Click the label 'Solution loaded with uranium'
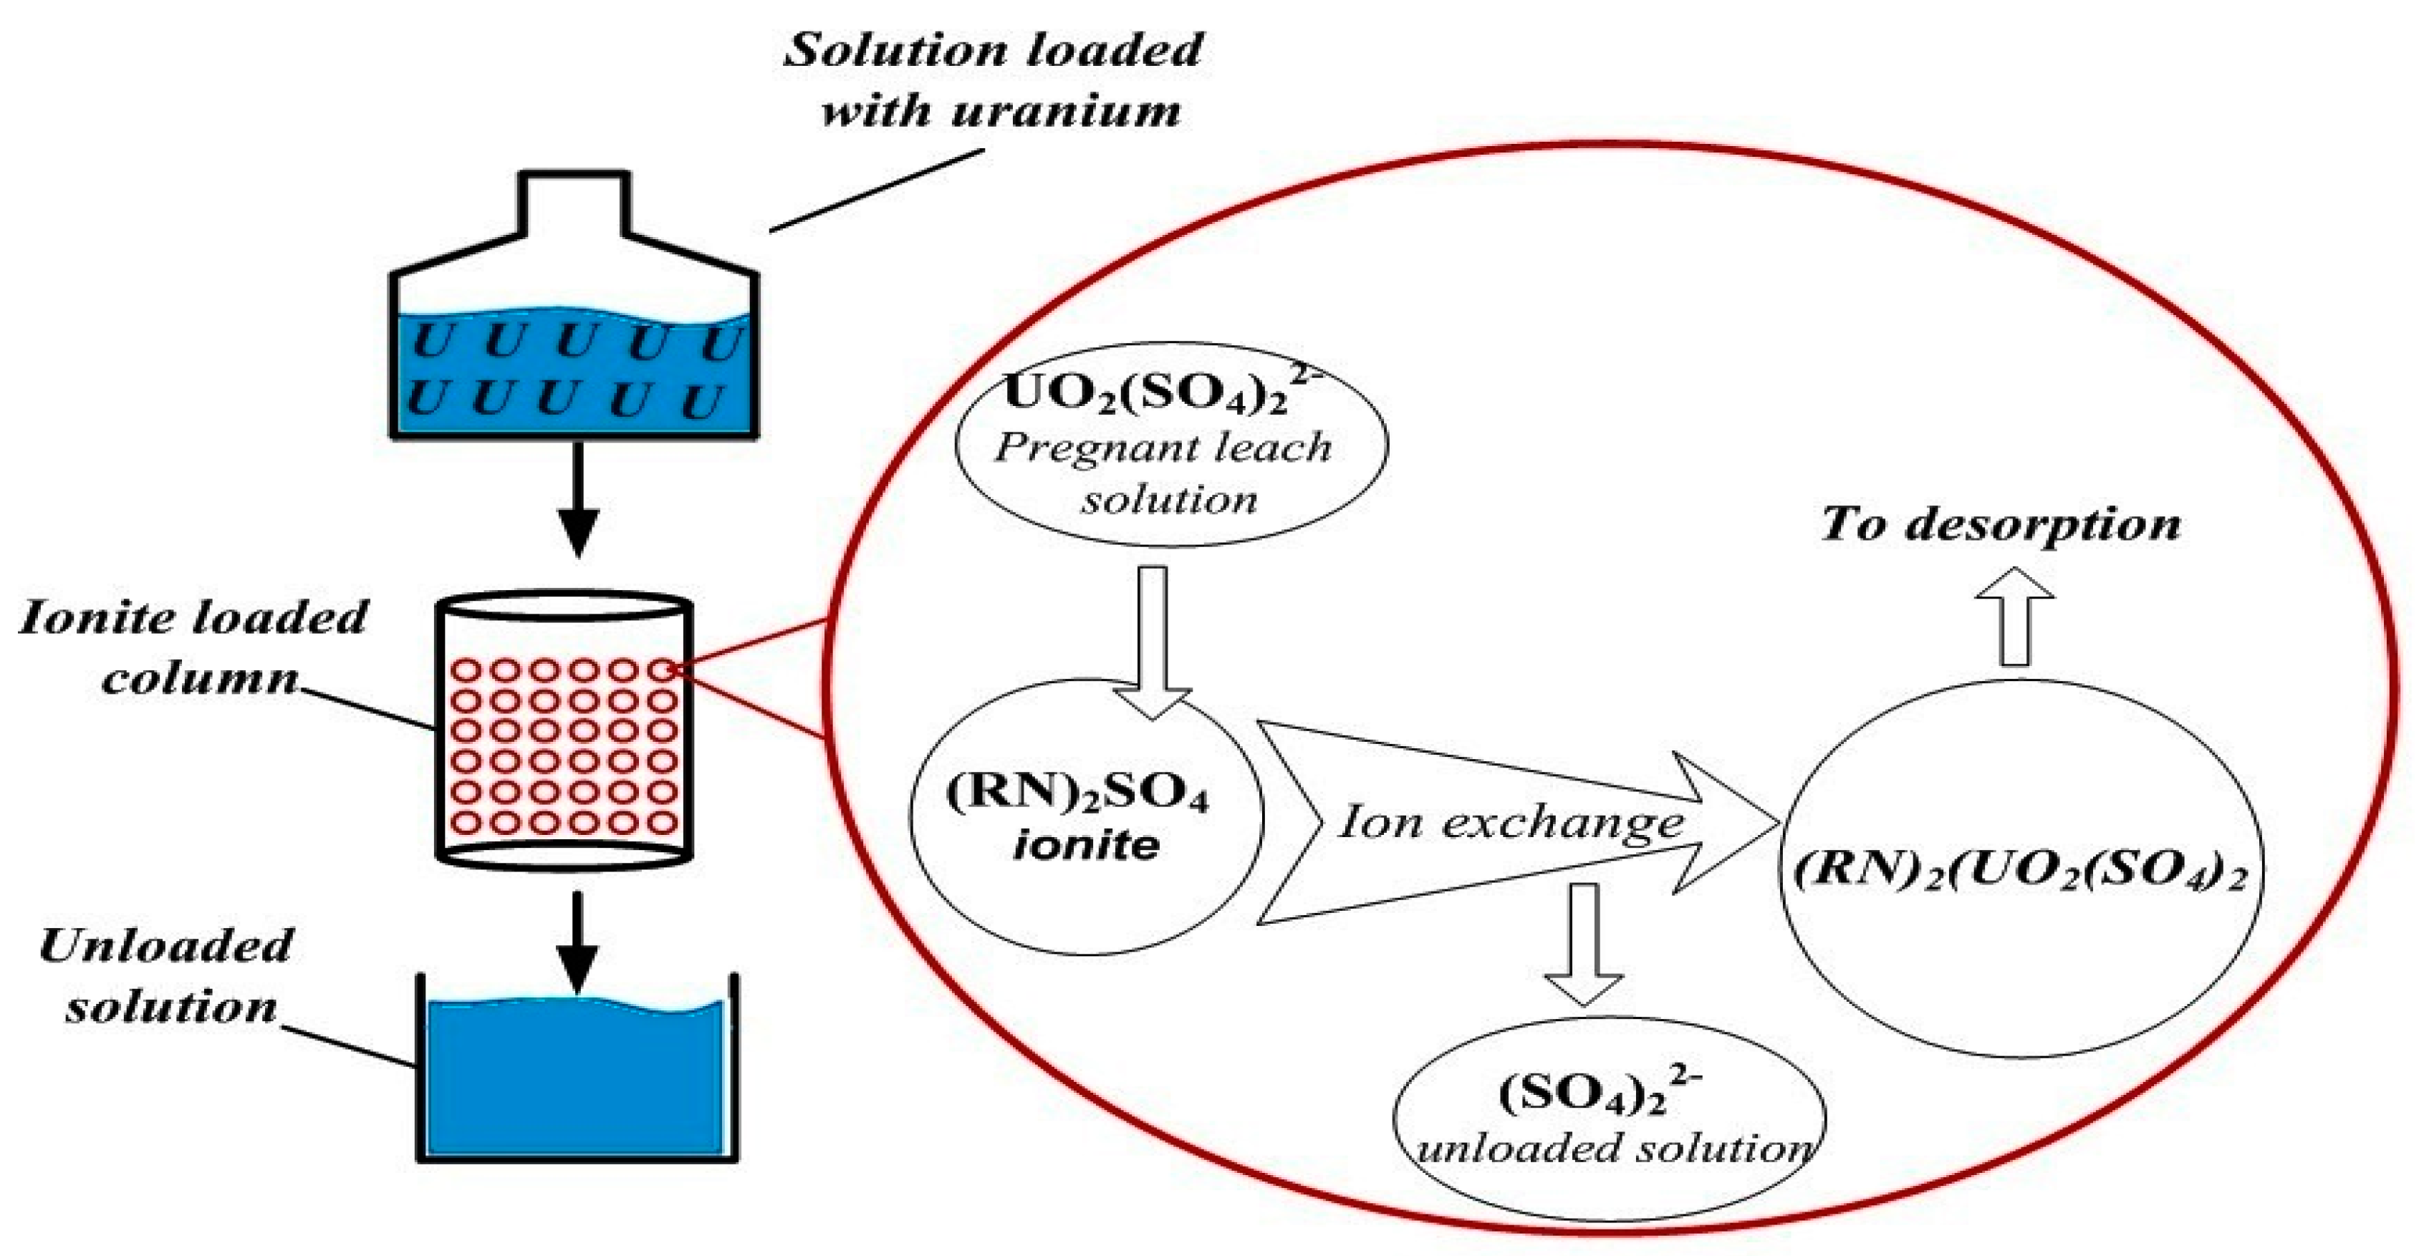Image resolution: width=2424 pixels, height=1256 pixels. pos(993,81)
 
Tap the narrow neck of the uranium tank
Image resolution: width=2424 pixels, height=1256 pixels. pos(574,202)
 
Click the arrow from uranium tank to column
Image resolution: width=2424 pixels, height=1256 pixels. pos(578,498)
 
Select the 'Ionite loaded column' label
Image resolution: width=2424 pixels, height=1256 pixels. pos(193,647)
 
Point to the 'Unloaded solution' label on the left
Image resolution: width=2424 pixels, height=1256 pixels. pos(168,975)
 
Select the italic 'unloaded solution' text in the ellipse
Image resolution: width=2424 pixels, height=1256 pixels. pos(1615,1149)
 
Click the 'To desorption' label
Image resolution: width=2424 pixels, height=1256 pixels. pos(2001,523)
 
